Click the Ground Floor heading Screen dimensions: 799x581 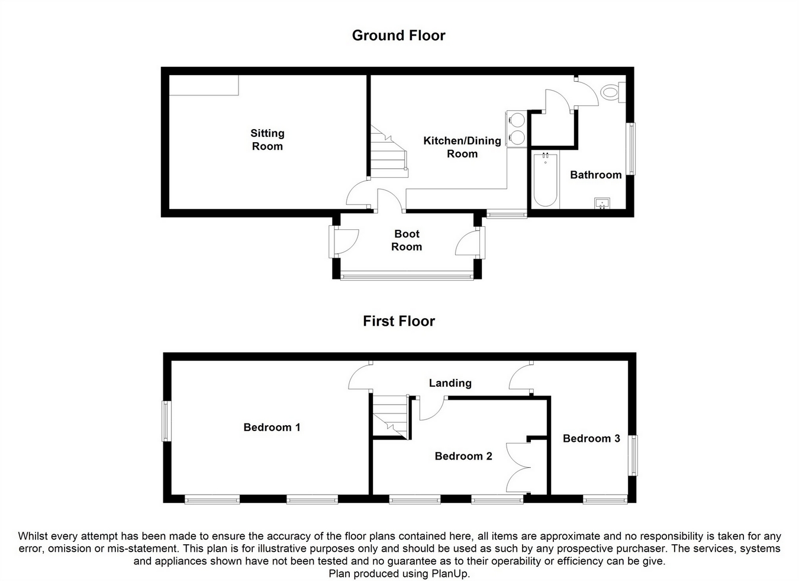pos(398,36)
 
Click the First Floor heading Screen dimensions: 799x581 pos(398,321)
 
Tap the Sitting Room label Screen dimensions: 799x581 pos(268,140)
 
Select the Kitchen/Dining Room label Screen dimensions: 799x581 pos(462,147)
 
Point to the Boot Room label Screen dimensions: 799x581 pos(407,240)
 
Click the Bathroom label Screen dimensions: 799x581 pos(595,175)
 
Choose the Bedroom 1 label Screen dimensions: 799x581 pos(272,427)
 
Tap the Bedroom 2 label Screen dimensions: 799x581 pos(463,456)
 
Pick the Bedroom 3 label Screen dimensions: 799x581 pos(591,438)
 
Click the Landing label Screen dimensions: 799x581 pos(450,383)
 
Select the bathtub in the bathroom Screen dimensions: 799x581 pos(545,179)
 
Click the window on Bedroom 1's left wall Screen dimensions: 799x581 pos(167,421)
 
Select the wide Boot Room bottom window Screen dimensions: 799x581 pos(407,275)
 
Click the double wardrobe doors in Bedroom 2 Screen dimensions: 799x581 pos(519,467)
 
